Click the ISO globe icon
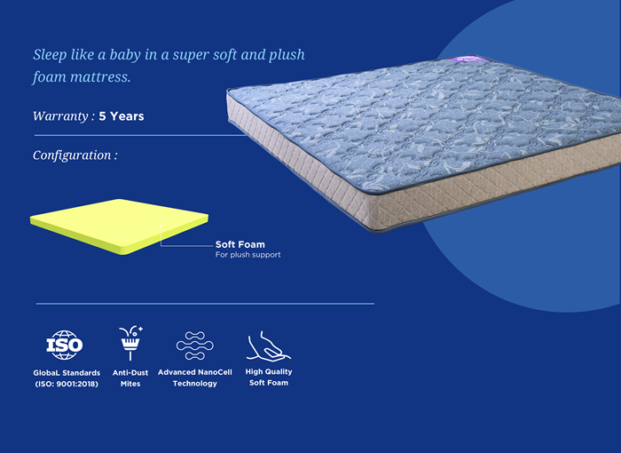point(65,345)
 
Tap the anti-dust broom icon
point(130,343)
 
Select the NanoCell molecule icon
point(195,346)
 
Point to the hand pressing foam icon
point(269,346)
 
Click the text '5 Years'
point(122,116)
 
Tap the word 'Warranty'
point(60,116)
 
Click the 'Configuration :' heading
point(75,155)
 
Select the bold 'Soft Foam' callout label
point(240,244)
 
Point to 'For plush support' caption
point(248,255)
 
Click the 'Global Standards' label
point(67,373)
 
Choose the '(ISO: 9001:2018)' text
point(67,384)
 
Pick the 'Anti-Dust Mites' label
point(130,378)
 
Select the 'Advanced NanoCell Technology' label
point(195,377)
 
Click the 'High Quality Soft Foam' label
point(269,377)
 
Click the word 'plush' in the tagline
point(287,55)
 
